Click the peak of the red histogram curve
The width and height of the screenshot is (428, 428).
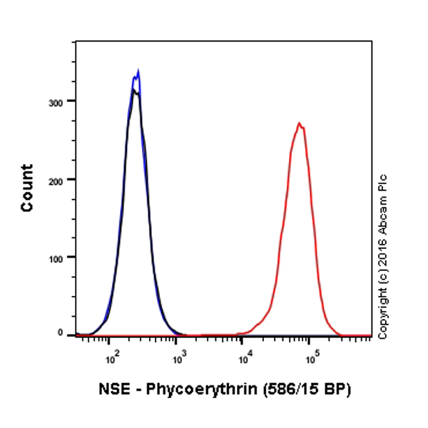300,123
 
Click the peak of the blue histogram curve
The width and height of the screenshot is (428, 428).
138,71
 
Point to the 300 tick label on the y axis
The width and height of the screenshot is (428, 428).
63,101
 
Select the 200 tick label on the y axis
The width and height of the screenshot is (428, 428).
63,179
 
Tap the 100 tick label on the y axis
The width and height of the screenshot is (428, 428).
63,257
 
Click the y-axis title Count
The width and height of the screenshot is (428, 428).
27,188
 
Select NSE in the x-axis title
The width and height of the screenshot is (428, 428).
112,390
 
